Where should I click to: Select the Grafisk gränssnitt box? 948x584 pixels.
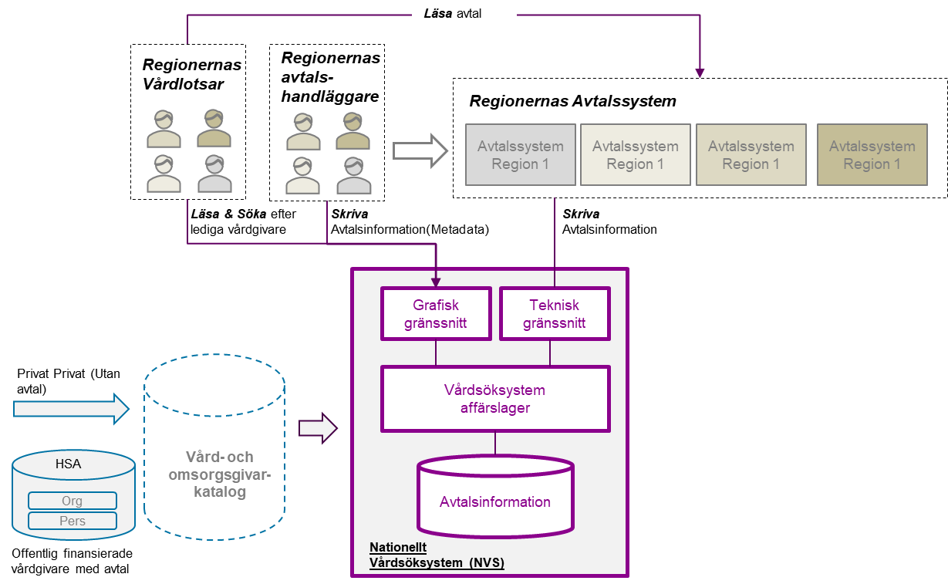click(436, 314)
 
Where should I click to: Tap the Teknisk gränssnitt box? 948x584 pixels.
click(555, 314)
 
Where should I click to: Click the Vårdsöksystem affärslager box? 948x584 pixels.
click(495, 399)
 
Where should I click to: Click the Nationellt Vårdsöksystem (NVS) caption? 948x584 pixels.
click(437, 555)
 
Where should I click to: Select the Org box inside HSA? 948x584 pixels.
click(73, 501)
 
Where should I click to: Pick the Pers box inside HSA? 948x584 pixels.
click(73, 521)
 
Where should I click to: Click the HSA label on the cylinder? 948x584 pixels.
click(68, 464)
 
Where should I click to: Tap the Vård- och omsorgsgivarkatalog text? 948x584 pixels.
click(220, 474)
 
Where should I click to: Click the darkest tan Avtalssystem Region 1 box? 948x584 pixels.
click(872, 155)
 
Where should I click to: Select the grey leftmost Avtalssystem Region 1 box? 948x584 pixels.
click(521, 155)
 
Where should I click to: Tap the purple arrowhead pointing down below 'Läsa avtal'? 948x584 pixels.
click(700, 73)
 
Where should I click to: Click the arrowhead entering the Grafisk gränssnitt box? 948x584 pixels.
click(436, 283)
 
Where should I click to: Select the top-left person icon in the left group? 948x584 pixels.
click(164, 129)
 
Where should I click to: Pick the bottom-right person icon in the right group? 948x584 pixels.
click(353, 176)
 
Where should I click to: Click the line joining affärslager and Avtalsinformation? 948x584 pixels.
click(495, 444)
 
